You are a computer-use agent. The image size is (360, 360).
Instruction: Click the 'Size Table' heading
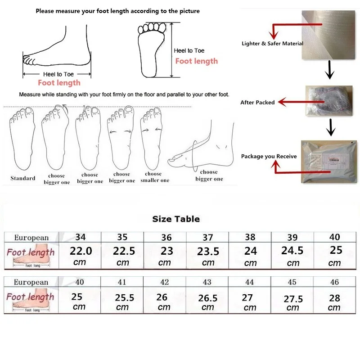[176, 219]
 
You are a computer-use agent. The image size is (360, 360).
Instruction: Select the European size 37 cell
[208, 237]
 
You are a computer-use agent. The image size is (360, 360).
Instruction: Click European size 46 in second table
[334, 282]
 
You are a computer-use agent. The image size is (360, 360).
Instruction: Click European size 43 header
[207, 282]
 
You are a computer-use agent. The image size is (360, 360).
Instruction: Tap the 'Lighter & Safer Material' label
[272, 44]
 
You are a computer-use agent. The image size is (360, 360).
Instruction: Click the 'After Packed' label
[257, 103]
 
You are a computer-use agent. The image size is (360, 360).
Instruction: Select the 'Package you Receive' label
[269, 157]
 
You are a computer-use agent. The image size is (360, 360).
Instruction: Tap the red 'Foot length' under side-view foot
[59, 83]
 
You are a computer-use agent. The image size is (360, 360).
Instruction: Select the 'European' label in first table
[31, 238]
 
